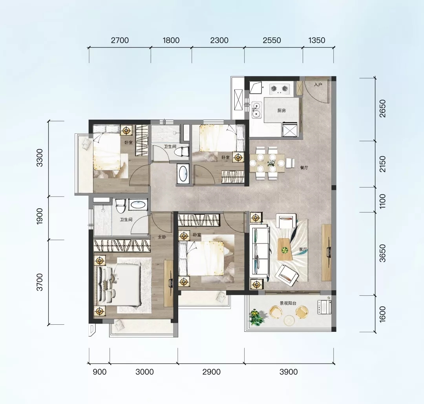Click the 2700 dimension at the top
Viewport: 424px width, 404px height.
coord(120,40)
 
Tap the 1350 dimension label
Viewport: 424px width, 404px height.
coord(317,40)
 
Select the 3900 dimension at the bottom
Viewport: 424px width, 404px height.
coord(289,372)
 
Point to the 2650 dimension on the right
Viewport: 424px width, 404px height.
coord(382,109)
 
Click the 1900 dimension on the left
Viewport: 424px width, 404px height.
coord(40,216)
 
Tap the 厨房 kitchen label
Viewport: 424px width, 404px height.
coord(281,111)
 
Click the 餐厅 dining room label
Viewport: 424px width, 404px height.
coord(304,167)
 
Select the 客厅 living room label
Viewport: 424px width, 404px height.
coord(303,249)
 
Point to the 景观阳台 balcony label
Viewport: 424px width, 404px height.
coord(288,303)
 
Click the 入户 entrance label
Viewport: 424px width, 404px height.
coord(318,85)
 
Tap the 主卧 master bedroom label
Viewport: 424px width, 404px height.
coord(162,237)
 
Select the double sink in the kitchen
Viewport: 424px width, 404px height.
coord(256,110)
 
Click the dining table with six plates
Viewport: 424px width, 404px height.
coord(267,163)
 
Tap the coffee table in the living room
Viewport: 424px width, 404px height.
coord(285,249)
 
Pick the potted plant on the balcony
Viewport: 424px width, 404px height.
coord(256,317)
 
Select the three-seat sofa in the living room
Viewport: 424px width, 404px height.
coord(260,251)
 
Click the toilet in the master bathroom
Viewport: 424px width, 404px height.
coord(120,206)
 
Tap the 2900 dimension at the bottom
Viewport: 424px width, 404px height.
coord(212,372)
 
